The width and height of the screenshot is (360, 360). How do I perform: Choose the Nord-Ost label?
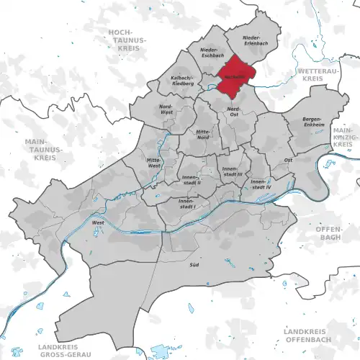point(232,111)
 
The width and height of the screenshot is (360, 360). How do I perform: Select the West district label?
point(96,223)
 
